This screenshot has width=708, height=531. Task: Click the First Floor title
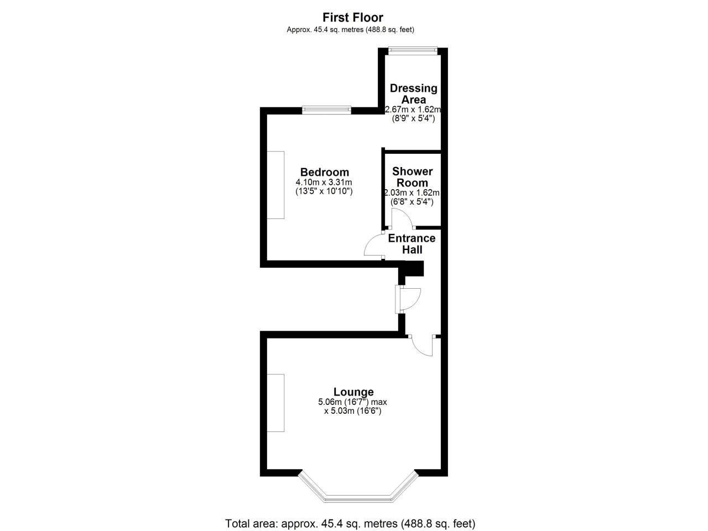pyautogui.click(x=353, y=17)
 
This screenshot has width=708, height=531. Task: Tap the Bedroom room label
pyautogui.click(x=325, y=172)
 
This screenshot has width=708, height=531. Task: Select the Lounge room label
pyautogui.click(x=353, y=392)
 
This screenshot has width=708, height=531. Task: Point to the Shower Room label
pyautogui.click(x=412, y=177)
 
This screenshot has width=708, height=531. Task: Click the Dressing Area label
pyautogui.click(x=414, y=94)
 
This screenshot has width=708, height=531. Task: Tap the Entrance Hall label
pyautogui.click(x=412, y=244)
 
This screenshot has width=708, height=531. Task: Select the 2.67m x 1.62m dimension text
pyautogui.click(x=413, y=110)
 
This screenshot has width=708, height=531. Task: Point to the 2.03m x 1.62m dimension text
pyautogui.click(x=412, y=193)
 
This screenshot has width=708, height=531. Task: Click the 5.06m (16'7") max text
pyautogui.click(x=352, y=402)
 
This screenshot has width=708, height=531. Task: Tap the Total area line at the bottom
pyautogui.click(x=350, y=523)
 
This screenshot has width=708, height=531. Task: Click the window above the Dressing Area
pyautogui.click(x=413, y=50)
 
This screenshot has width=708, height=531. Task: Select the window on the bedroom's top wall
pyautogui.click(x=326, y=110)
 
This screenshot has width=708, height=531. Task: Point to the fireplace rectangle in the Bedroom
pyautogui.click(x=275, y=185)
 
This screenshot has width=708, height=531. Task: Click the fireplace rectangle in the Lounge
pyautogui.click(x=275, y=403)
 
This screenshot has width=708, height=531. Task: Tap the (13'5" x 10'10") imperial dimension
pyautogui.click(x=324, y=191)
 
